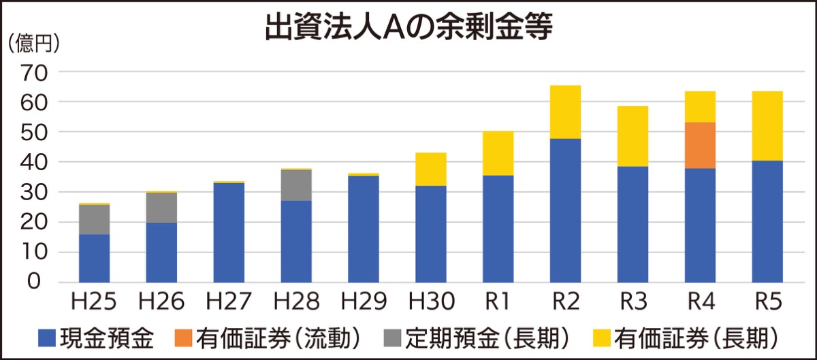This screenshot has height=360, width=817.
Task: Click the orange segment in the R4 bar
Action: (700, 145)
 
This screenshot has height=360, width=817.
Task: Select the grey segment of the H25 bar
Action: (94, 219)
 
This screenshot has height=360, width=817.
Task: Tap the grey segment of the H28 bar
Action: (296, 185)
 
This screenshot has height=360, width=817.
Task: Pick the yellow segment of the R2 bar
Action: (565, 112)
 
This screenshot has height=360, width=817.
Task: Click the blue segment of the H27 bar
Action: (229, 232)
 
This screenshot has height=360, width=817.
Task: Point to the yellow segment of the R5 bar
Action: (767, 126)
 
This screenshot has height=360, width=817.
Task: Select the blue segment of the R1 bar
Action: (498, 229)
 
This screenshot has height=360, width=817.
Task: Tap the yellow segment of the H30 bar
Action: (430, 169)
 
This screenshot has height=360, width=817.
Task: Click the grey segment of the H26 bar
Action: (161, 208)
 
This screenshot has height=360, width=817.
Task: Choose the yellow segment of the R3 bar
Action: (632, 136)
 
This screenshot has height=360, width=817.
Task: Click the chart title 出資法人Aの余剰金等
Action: (408, 29)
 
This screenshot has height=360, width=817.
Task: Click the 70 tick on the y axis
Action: (33, 71)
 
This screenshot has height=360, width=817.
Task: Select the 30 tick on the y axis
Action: (33, 192)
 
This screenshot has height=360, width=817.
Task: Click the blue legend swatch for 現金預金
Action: (47, 337)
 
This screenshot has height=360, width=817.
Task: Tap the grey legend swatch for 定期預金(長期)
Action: (393, 337)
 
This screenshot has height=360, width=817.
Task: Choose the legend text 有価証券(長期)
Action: (695, 337)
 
